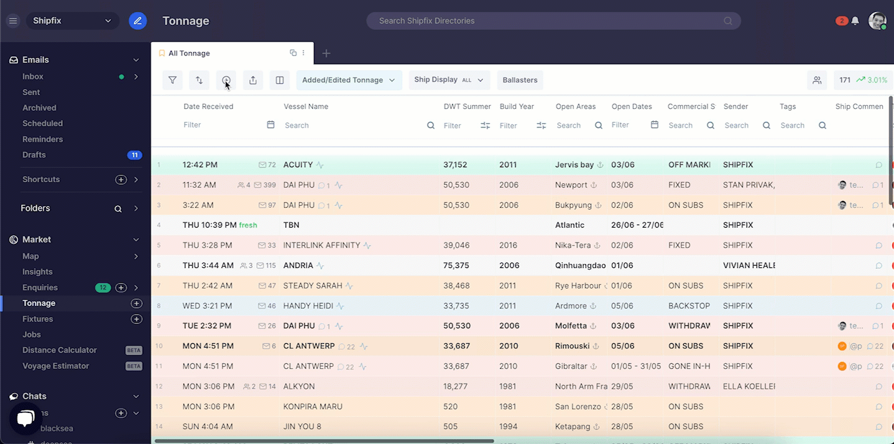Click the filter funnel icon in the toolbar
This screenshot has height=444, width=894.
(x=173, y=80)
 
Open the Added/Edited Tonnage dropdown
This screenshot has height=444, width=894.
(x=349, y=80)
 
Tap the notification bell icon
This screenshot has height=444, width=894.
(x=855, y=21)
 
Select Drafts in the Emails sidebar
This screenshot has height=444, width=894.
(x=34, y=155)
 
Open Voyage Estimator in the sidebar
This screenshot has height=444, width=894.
(x=56, y=366)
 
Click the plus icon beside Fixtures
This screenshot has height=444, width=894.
(x=137, y=319)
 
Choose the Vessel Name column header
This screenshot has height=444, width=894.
(x=306, y=106)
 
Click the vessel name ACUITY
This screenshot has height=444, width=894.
(x=298, y=165)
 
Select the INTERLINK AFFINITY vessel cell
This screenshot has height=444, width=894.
(x=321, y=245)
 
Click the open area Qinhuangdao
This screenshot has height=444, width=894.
(x=580, y=266)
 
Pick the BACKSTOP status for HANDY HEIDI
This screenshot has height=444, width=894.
(x=689, y=306)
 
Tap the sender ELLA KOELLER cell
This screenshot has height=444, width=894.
(x=749, y=386)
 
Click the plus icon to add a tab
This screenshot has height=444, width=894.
(x=326, y=53)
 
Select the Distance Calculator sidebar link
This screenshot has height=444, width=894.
(x=60, y=350)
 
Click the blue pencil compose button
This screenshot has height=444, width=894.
(x=137, y=21)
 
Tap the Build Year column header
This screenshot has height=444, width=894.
(x=517, y=106)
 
